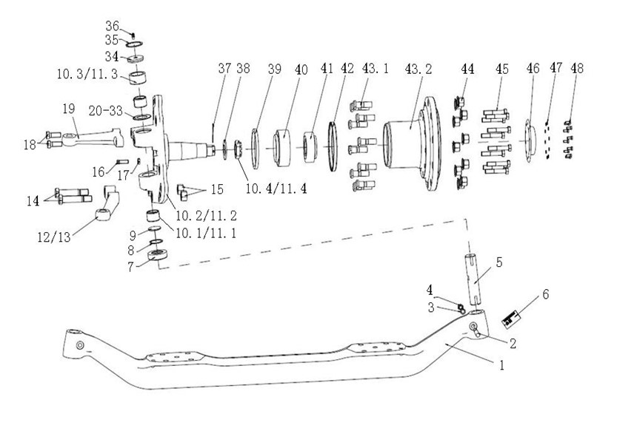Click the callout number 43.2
418,69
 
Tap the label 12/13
54,237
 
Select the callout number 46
533,68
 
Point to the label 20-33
106,111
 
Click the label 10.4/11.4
276,189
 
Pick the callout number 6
545,294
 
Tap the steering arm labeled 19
93,137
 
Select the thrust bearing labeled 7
157,254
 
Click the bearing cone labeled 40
281,148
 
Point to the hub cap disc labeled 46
528,140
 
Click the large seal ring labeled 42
333,146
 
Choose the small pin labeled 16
122,160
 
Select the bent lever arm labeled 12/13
107,203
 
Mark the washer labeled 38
225,149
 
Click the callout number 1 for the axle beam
501,365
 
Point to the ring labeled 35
135,44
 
